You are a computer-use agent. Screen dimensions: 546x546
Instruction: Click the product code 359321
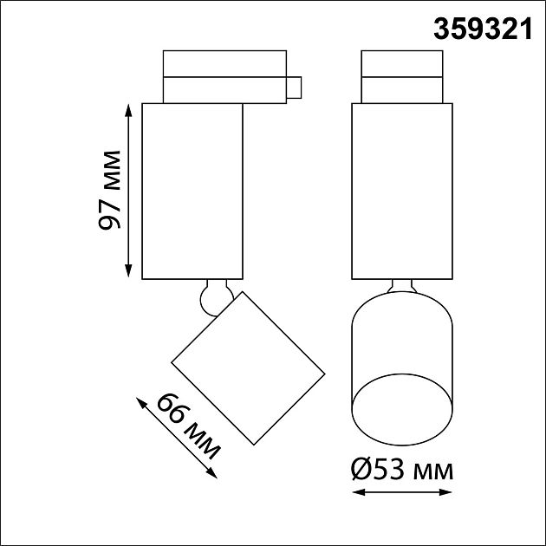[x=483, y=29]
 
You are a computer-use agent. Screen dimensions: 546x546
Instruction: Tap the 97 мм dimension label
[x=109, y=190]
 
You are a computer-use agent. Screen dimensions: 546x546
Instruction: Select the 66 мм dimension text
[x=188, y=426]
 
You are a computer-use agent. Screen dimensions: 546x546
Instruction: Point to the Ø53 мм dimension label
[x=402, y=470]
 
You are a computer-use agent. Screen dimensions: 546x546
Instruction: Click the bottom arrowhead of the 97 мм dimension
[x=128, y=270]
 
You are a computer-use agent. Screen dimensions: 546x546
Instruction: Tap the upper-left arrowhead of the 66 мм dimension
[x=141, y=403]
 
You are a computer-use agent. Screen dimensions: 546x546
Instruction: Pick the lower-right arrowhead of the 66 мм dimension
[x=211, y=472]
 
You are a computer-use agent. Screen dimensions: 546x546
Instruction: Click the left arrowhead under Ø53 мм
[x=359, y=492]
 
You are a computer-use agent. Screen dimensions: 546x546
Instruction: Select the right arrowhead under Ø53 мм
[x=445, y=492]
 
